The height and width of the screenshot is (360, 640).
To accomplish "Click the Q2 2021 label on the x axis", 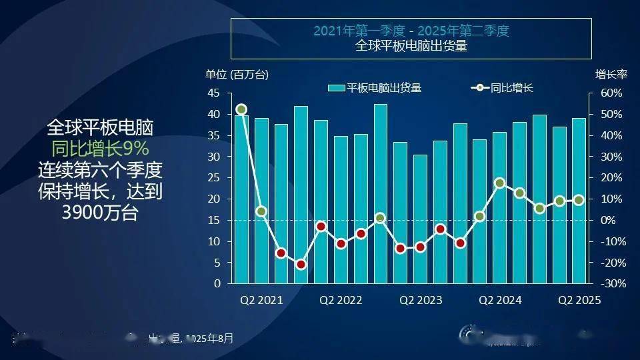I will point(261,300).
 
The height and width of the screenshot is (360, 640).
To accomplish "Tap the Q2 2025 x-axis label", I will point(579,300).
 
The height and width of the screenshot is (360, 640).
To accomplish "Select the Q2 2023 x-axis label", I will point(421,300).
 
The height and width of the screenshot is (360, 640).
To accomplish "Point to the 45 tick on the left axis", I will point(214,93).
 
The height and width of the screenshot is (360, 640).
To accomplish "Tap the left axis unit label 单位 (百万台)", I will point(237,75).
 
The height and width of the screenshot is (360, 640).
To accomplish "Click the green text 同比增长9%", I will point(100,148).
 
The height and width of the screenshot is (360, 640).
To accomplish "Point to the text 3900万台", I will point(100,214).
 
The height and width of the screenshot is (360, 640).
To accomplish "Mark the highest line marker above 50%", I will point(241,109).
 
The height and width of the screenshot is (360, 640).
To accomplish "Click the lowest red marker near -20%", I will point(301,264).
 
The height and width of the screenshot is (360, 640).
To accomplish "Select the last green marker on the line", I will point(579,200).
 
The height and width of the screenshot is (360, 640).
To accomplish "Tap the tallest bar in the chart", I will point(380,193).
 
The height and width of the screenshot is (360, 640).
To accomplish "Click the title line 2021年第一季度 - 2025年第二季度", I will point(411,31).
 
